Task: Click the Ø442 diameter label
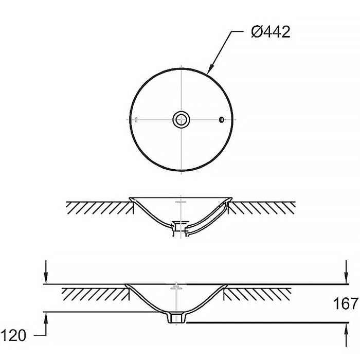[271, 32]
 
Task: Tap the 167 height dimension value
[346, 303]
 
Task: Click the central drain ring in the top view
[182, 119]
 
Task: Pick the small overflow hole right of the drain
[221, 120]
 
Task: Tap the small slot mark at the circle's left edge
[136, 120]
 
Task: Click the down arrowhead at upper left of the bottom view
[46, 278]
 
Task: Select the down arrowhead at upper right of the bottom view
[347, 278]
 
